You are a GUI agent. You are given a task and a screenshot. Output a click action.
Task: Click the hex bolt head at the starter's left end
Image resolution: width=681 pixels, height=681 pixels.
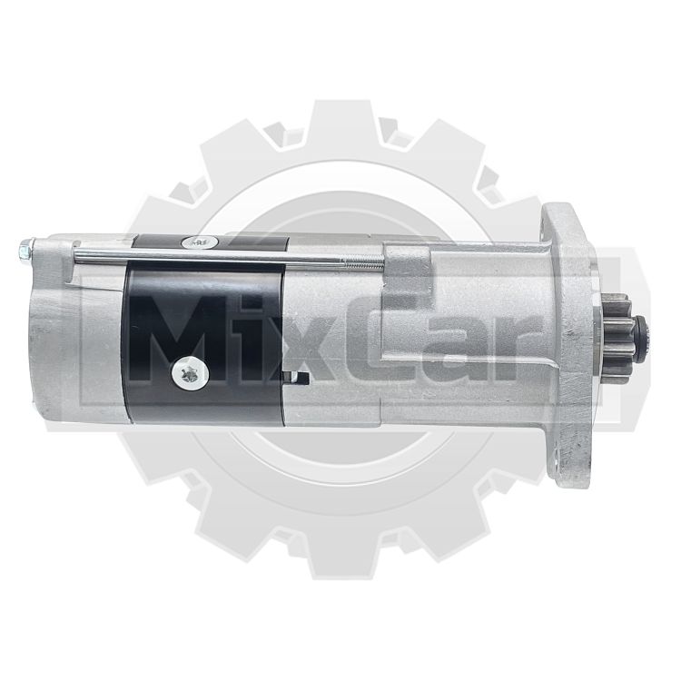point(25,251)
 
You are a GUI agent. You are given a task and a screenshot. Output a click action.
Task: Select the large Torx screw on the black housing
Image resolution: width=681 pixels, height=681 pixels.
point(191,373)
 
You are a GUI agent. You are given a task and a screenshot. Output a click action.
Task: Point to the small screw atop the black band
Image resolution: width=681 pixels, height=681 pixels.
point(199,242)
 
